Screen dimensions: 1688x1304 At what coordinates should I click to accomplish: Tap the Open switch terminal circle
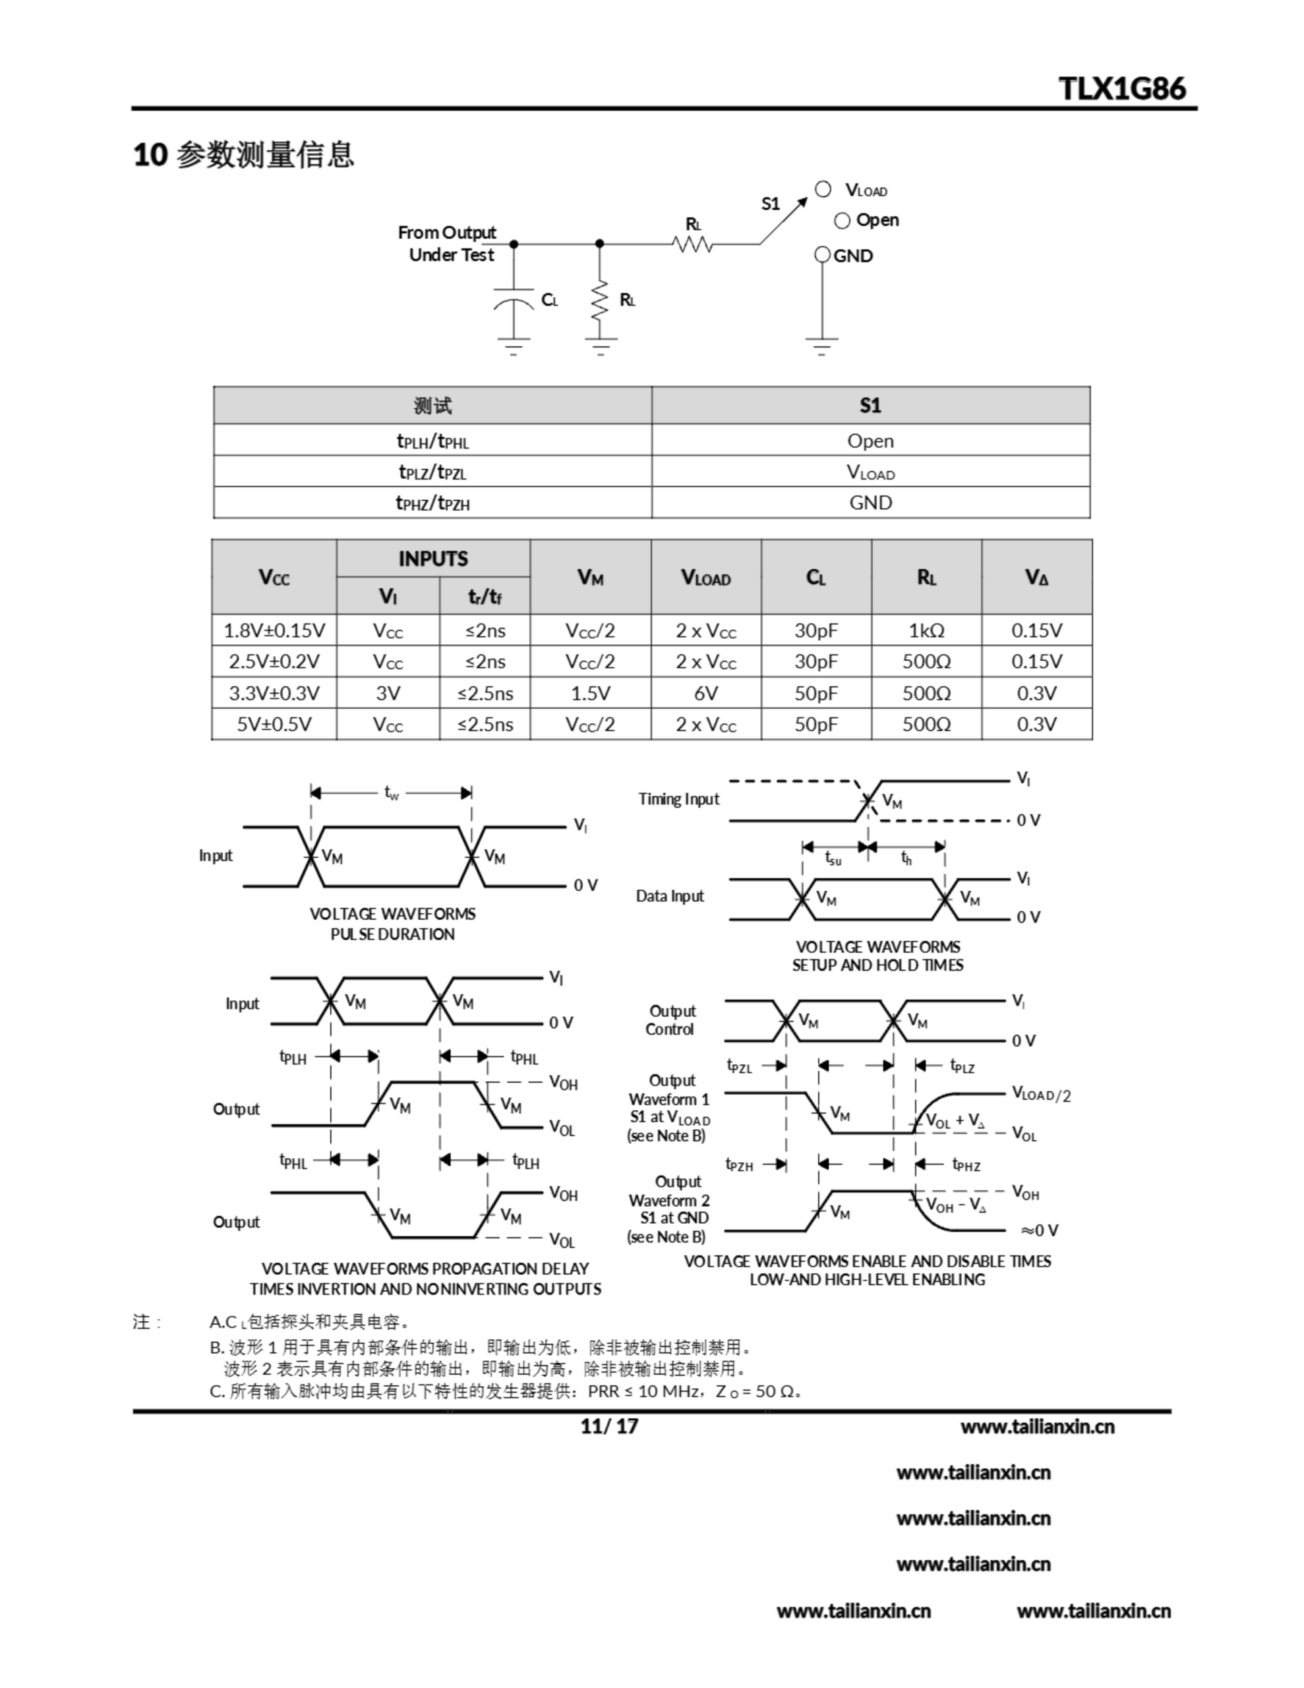[x=842, y=221]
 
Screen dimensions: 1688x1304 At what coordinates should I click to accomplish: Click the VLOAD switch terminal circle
[x=823, y=189]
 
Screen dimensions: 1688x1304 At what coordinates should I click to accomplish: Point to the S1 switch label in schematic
[x=770, y=204]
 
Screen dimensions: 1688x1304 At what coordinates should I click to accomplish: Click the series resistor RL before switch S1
[x=693, y=244]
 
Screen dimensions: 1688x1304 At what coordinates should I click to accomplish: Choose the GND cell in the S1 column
[x=870, y=503]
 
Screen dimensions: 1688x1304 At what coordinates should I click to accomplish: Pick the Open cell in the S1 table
[x=870, y=441]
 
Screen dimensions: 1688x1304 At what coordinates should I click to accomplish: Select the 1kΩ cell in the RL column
[x=926, y=630]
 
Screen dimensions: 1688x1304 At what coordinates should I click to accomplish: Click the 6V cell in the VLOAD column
[x=705, y=693]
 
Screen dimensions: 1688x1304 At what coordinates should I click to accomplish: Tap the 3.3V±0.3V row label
[x=274, y=693]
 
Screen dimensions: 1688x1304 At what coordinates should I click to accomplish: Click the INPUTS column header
[x=433, y=558]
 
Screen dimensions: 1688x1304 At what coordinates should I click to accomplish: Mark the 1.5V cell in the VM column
[x=590, y=693]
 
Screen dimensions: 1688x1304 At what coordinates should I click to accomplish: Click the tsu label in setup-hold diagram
[x=833, y=858]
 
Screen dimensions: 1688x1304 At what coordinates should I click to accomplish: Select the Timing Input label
[x=678, y=799]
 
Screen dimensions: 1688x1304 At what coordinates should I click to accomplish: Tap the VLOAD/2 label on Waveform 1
[x=1041, y=1095]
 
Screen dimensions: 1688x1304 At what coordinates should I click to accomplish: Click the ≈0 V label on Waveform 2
[x=1039, y=1230]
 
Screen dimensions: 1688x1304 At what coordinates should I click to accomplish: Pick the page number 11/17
[x=609, y=1426]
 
